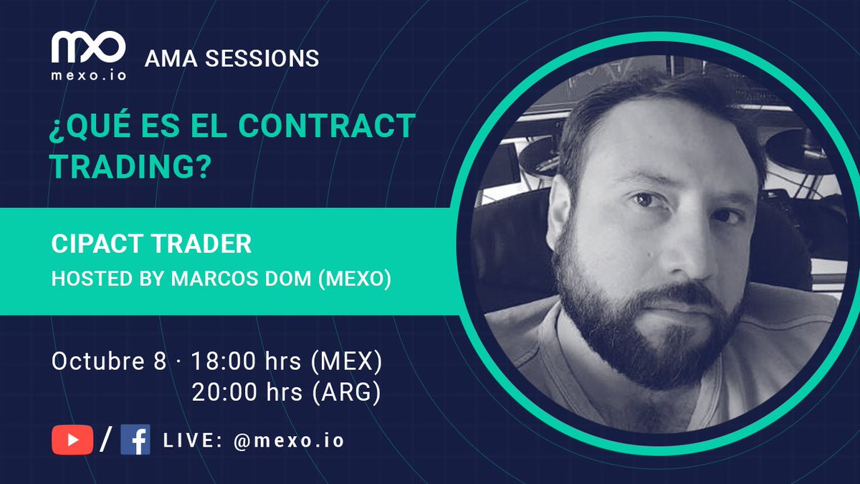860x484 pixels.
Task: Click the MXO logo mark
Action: [x=88, y=47]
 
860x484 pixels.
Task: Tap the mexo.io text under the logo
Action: [x=88, y=74]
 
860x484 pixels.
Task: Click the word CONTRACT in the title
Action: [x=326, y=127]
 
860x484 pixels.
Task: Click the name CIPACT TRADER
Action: [x=151, y=244]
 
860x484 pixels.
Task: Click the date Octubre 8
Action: [x=108, y=361]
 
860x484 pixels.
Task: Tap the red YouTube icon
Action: [x=72, y=440]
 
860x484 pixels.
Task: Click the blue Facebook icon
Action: [x=135, y=440]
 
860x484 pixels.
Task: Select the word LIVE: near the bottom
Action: [x=192, y=440]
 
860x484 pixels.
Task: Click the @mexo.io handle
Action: [x=289, y=440]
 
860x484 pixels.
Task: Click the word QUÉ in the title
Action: [x=95, y=127]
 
